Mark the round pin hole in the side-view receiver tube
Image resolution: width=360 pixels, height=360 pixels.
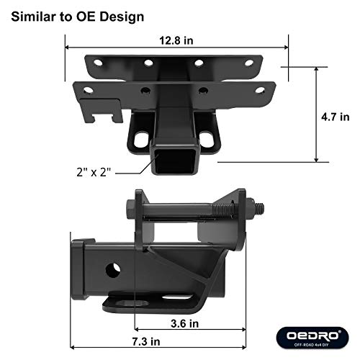coord(114,271)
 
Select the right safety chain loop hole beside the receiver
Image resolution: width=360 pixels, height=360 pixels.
coord(210,137)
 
